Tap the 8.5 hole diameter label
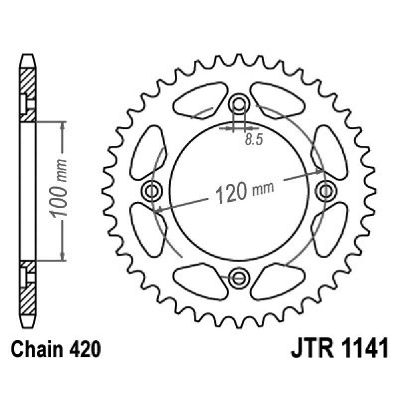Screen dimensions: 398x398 (x=253, y=140)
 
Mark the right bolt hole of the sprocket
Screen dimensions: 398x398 (x=326, y=190)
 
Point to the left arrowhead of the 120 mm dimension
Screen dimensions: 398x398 (x=158, y=210)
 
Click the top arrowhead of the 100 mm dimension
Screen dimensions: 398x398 (x=62, y=124)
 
